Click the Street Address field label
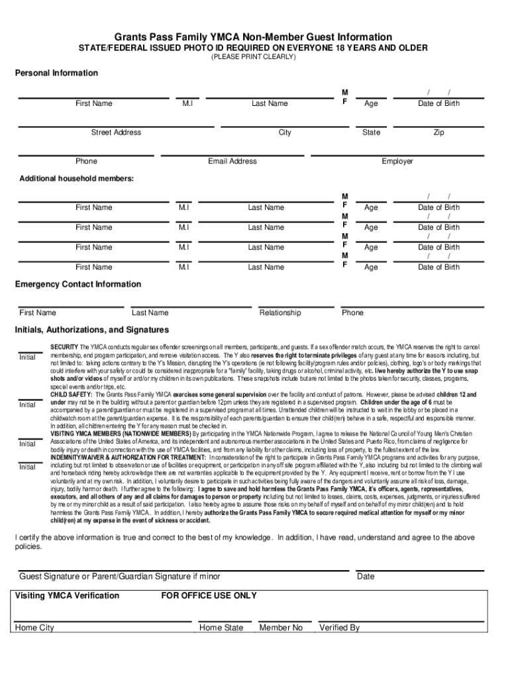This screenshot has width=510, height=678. click(x=116, y=132)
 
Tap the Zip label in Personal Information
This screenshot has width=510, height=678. click(x=438, y=132)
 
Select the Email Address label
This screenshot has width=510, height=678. click(x=232, y=161)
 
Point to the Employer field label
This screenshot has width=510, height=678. click(x=397, y=161)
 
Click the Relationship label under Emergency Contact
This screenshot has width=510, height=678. click(x=280, y=313)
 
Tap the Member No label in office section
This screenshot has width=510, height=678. click(x=281, y=628)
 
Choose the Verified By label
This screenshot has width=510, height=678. click(x=339, y=628)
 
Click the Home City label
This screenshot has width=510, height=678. click(x=34, y=628)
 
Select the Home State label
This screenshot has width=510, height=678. click(x=221, y=628)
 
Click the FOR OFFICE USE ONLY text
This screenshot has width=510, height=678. click(x=209, y=596)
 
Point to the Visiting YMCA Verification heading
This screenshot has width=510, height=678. click(x=67, y=596)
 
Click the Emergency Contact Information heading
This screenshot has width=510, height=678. click(x=78, y=284)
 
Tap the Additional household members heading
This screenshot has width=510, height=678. click(x=76, y=179)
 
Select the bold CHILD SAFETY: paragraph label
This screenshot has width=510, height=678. click(x=72, y=394)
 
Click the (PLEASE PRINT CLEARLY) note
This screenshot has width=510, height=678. click(x=254, y=58)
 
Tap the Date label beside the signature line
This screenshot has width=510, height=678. click(x=366, y=577)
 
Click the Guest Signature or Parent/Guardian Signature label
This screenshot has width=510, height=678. click(x=120, y=577)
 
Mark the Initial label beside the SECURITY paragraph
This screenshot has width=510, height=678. click(x=27, y=358)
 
